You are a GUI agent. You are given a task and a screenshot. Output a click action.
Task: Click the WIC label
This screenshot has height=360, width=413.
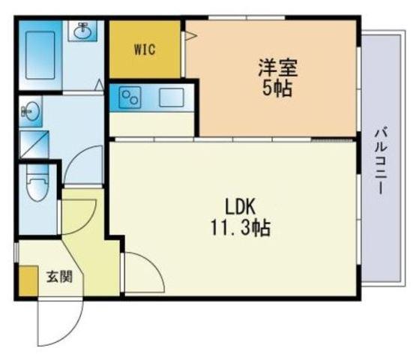[x=145, y=49]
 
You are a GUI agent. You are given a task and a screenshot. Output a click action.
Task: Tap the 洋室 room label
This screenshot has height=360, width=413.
[x=277, y=67]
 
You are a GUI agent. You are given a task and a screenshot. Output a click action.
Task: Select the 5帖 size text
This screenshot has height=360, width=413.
[x=277, y=88]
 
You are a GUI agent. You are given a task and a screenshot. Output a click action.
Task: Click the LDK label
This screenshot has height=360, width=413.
[x=240, y=206]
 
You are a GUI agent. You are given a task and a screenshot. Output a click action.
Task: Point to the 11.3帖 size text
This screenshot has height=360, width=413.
[x=240, y=227]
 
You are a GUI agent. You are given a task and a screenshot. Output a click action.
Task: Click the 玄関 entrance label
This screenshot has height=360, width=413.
[x=59, y=277]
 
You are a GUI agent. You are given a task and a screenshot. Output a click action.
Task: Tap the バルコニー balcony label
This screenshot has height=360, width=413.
[x=381, y=160]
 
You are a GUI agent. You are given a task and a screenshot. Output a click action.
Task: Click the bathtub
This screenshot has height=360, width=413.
[x=40, y=55]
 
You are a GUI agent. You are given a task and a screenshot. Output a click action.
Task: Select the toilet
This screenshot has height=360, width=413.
[x=38, y=182]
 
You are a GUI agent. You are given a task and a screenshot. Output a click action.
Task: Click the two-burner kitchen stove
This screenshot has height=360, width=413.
[x=130, y=97]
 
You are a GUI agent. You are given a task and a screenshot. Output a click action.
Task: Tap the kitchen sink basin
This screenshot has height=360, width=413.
[x=172, y=97]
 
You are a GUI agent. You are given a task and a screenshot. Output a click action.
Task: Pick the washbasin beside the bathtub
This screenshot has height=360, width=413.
[x=82, y=31]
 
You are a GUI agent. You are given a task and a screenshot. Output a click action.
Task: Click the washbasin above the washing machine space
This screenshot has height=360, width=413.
[x=30, y=112]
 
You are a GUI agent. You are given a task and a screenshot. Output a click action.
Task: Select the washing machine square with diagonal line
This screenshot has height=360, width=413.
[x=34, y=145]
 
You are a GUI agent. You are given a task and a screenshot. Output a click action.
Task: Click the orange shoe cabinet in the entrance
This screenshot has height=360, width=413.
[x=28, y=280]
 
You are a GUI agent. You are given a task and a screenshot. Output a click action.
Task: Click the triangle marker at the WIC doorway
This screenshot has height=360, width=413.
[x=190, y=35]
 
